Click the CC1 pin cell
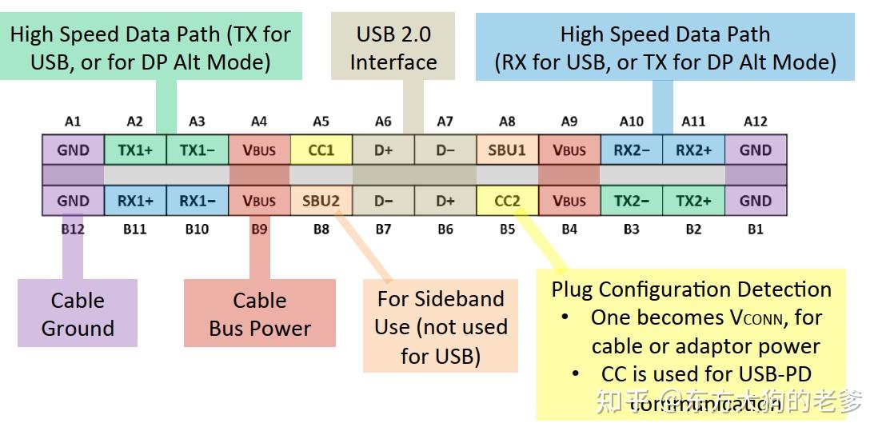(321, 150)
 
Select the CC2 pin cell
(507, 201)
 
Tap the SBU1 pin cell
(507, 150)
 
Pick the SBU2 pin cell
(321, 201)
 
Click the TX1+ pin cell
(135, 150)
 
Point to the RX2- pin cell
(631, 150)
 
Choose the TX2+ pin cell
(693, 201)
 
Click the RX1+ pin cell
(135, 201)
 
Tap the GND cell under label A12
(756, 150)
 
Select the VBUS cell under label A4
(259, 150)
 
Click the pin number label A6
(383, 122)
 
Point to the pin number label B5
(507, 229)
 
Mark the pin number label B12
(73, 229)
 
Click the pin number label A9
(569, 122)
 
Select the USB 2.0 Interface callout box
(393, 48)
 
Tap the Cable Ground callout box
(78, 313)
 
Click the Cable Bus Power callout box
(259, 313)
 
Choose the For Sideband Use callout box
(441, 326)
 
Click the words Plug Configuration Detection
(691, 289)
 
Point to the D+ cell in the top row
(383, 150)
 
